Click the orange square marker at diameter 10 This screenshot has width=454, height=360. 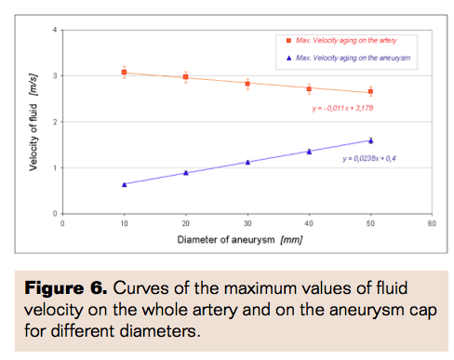pos(124,72)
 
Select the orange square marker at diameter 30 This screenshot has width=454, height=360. pos(247,84)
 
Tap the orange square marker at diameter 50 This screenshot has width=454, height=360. pos(370,91)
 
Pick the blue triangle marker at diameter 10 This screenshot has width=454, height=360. pos(124,184)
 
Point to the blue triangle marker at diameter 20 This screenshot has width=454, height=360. pos(186,173)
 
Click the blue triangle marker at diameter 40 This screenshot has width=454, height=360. pos(309,151)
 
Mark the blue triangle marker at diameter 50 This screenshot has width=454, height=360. pos(370,140)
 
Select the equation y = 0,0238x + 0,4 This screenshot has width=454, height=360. pos(372,158)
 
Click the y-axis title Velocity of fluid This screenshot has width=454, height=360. pos(33,121)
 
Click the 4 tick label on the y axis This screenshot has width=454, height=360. pos(55,31)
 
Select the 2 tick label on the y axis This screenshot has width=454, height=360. pos(55,122)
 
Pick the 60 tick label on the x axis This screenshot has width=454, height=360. pos(432,223)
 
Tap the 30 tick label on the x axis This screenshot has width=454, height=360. pos(247,223)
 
